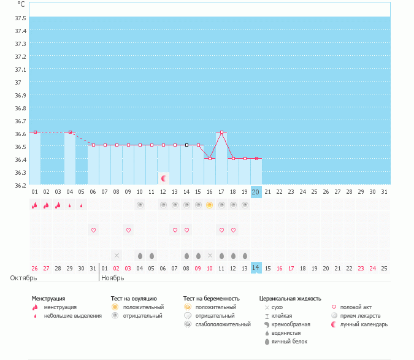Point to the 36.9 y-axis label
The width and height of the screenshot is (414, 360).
(20, 95)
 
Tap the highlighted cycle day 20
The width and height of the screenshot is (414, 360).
(256, 192)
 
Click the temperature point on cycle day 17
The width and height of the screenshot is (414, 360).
(221, 132)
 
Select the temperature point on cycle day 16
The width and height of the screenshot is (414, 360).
(210, 158)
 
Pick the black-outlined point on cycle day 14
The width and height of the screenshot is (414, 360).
(186, 145)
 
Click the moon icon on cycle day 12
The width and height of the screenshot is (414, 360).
(164, 178)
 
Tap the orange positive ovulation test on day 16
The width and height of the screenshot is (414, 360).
(210, 205)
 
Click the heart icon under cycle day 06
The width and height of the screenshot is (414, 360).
(94, 230)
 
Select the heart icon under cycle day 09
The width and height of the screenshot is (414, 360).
(129, 230)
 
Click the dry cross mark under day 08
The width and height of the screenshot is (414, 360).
(117, 255)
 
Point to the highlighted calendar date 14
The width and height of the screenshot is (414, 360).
(256, 268)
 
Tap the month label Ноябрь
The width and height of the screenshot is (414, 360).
(113, 278)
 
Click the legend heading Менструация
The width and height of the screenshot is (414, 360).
(48, 299)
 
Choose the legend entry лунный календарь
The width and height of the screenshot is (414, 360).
(364, 324)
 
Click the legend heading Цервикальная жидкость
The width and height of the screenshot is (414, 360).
(290, 299)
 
